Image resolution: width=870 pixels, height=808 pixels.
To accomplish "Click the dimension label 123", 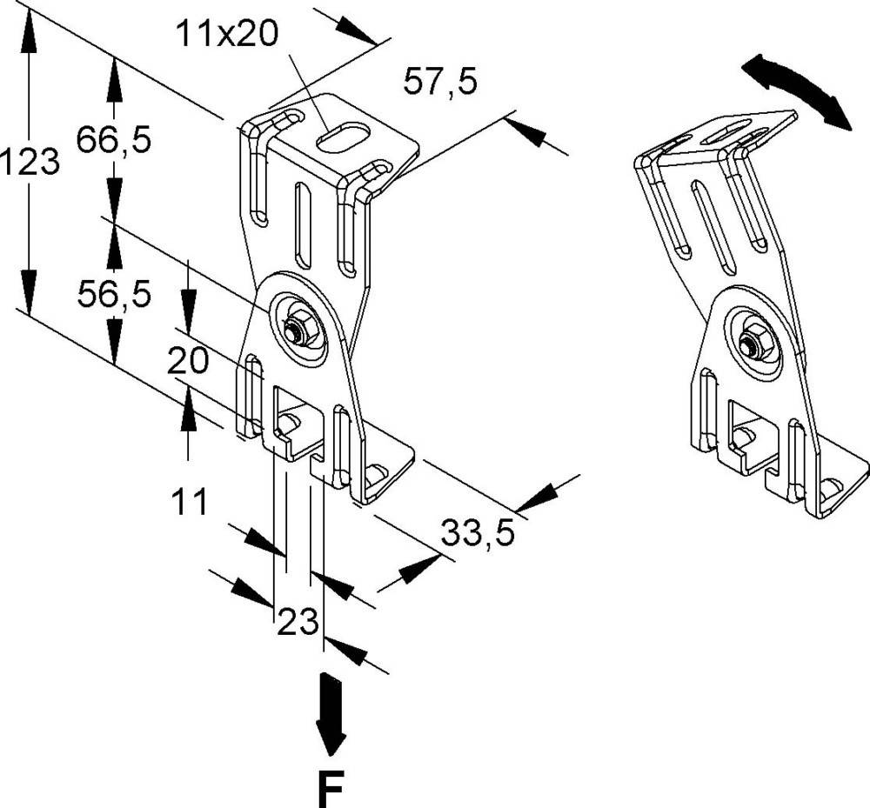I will [x=30, y=163].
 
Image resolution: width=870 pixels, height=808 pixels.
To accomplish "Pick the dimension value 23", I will [x=298, y=623].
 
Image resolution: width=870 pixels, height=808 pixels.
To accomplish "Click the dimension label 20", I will [x=188, y=360].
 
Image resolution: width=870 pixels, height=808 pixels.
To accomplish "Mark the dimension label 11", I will [x=188, y=502].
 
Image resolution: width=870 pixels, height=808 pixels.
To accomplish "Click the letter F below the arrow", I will [x=331, y=787].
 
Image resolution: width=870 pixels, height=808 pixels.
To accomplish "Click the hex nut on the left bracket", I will [x=297, y=330].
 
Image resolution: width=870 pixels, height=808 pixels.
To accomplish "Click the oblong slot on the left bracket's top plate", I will [x=343, y=137].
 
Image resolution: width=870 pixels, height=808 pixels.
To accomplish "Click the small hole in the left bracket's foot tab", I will [x=376, y=473].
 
